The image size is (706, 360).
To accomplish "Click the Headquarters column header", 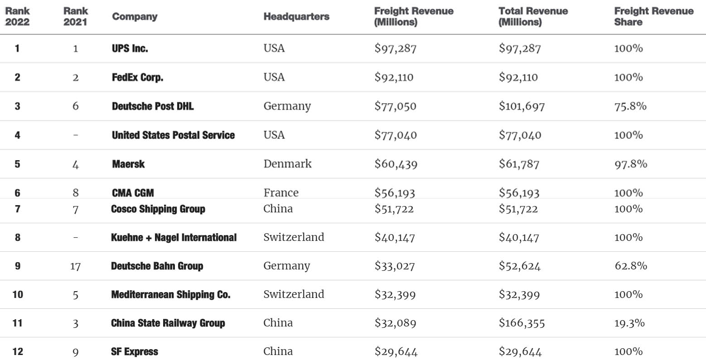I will point(296,17).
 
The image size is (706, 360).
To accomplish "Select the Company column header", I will point(135,17).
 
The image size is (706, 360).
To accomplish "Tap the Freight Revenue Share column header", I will point(653,16).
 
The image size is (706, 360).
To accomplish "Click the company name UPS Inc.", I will point(130,48).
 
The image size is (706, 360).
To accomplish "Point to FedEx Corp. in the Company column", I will point(137,77).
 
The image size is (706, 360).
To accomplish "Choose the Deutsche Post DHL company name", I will point(153,106).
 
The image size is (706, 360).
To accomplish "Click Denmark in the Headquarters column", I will point(287,163).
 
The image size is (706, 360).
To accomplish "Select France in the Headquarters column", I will point(281,192).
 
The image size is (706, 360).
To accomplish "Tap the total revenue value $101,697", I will point(522,106).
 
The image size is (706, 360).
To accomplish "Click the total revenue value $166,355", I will point(522,323).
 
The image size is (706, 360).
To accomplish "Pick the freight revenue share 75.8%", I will point(630,106).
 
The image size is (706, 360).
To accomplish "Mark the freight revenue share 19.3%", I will point(629,323).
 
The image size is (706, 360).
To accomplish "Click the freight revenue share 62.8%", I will point(630,266).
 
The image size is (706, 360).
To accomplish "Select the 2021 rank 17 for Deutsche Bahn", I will point(75,266).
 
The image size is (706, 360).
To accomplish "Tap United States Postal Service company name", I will point(173,135).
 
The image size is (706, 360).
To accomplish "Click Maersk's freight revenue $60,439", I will point(395,164).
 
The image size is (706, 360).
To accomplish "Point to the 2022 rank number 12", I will point(18,351).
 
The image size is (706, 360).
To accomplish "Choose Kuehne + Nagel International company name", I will point(174,237).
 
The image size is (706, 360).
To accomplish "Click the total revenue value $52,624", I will point(519,266).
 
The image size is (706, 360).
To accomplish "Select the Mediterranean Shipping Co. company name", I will point(170,294).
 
